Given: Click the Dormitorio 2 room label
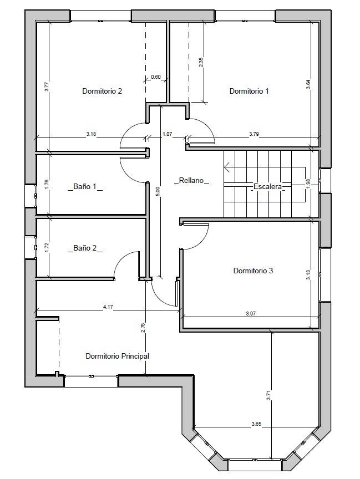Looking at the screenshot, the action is click(x=102, y=91).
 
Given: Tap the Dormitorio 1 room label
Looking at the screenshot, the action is click(x=249, y=91).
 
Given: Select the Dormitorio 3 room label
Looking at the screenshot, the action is click(x=253, y=271).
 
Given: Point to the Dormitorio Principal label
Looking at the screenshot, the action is click(x=118, y=356).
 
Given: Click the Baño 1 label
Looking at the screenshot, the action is click(x=85, y=186).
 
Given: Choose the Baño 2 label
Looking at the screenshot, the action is click(x=85, y=248).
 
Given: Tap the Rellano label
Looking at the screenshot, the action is click(x=191, y=180).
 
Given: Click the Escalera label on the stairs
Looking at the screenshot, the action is click(x=268, y=186).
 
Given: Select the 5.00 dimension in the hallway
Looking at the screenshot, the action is click(x=158, y=191).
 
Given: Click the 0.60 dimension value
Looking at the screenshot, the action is click(x=156, y=77).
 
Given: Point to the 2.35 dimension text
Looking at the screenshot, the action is click(x=201, y=62).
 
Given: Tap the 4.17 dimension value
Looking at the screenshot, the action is click(x=108, y=307).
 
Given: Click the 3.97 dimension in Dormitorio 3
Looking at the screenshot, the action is click(x=251, y=313).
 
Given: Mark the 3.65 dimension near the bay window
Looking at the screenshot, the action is click(x=256, y=424).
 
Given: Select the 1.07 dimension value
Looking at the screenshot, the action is click(x=168, y=134).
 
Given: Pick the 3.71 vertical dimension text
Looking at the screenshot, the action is click(x=268, y=396).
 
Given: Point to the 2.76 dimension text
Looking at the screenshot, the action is click(x=143, y=328).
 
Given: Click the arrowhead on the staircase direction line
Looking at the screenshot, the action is click(x=227, y=167).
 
